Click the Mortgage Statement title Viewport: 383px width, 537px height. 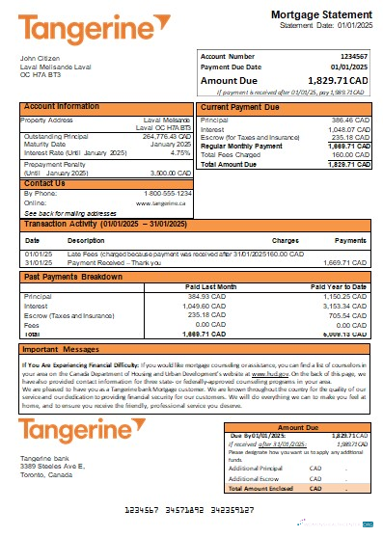pos(316,15)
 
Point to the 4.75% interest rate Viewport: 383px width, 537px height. pos(179,152)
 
